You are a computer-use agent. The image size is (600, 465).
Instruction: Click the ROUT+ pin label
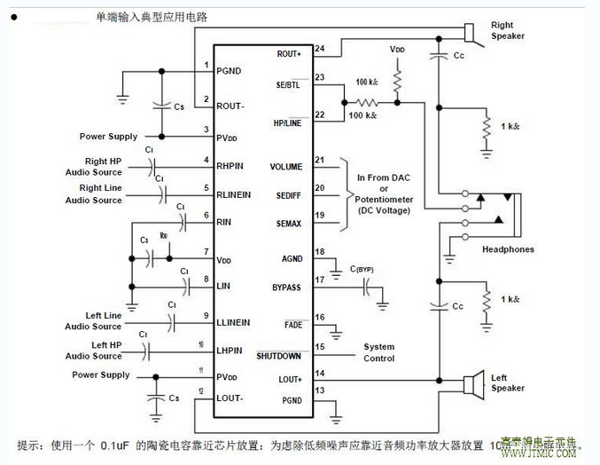click(x=289, y=54)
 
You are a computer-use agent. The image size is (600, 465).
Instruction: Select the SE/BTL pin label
click(x=289, y=84)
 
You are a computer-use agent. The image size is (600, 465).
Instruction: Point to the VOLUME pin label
click(x=286, y=166)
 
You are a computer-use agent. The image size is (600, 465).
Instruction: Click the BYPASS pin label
click(x=286, y=288)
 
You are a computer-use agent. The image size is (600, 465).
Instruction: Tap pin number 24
click(x=319, y=48)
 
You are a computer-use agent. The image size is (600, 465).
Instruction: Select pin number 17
click(x=319, y=281)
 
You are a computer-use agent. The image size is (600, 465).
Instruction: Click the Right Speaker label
click(x=508, y=30)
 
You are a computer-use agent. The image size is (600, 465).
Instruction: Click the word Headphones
click(x=508, y=249)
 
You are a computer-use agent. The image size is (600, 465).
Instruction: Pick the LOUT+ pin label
click(x=289, y=379)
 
